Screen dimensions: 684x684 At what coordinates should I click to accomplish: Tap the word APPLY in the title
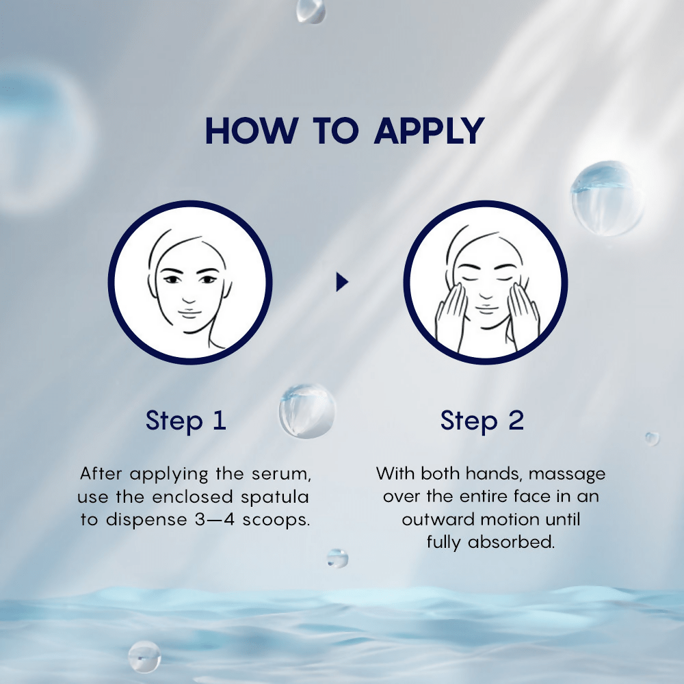point(430,131)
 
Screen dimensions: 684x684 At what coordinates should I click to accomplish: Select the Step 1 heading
point(186,421)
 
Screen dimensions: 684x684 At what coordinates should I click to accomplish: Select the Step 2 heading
point(482,421)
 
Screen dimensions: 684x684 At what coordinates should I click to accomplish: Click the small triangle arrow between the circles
point(342,282)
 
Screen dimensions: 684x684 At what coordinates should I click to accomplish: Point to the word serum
point(281,474)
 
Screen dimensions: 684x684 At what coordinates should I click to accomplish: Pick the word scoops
point(276,520)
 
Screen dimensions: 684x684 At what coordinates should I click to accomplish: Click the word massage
point(567,475)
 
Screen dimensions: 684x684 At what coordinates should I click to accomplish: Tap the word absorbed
point(511,542)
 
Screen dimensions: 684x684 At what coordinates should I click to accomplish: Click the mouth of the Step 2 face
point(486,309)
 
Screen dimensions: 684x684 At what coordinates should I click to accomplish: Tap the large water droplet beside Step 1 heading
point(307,411)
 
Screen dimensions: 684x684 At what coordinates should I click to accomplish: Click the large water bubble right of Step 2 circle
point(607,198)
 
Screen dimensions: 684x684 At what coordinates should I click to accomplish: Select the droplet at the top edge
point(311,10)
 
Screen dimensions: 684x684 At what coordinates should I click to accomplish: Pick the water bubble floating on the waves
point(144,657)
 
